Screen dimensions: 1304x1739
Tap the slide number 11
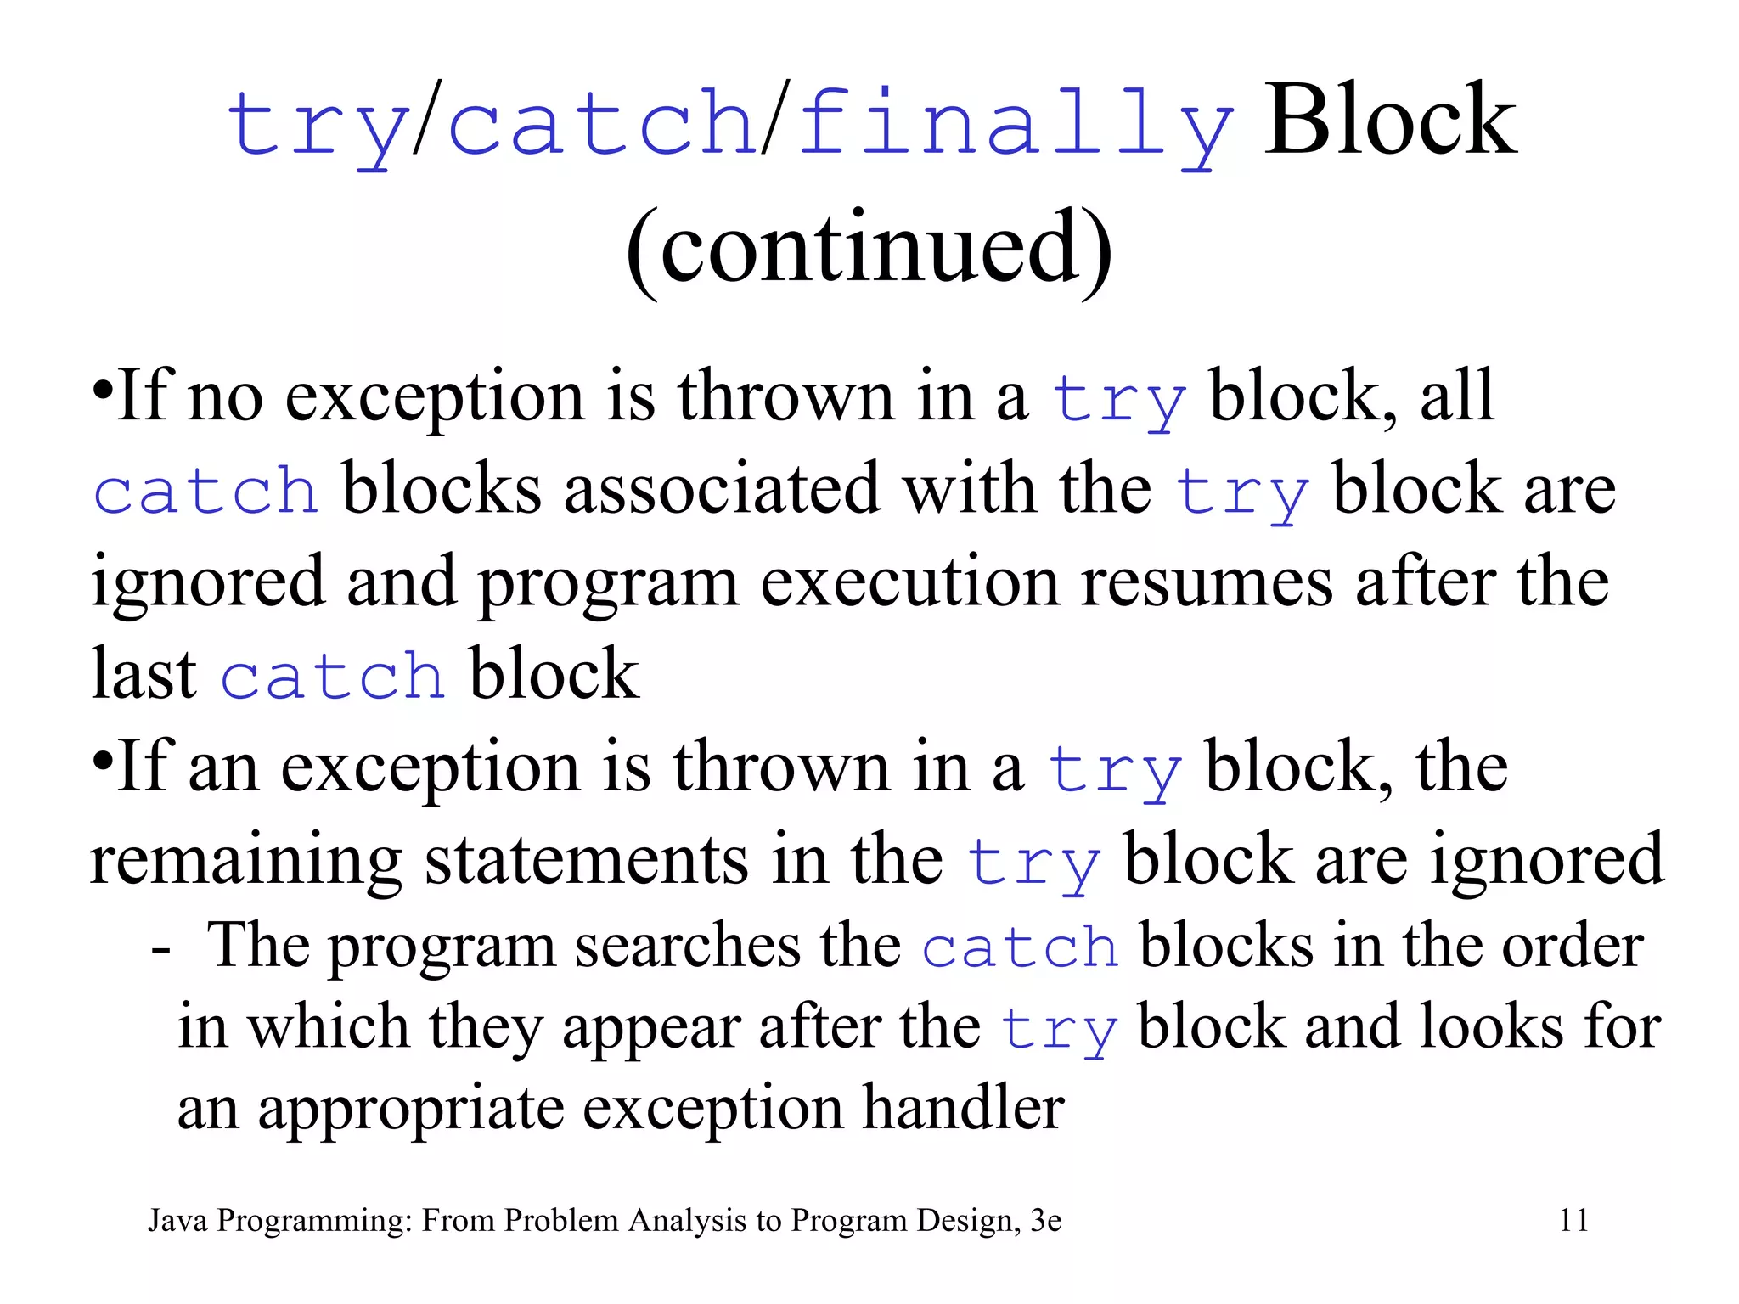(x=1573, y=1220)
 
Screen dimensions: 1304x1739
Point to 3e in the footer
(x=1045, y=1220)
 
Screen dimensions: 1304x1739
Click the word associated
(x=721, y=490)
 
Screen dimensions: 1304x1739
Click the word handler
(x=963, y=1108)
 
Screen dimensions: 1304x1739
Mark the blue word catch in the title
(x=601, y=126)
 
